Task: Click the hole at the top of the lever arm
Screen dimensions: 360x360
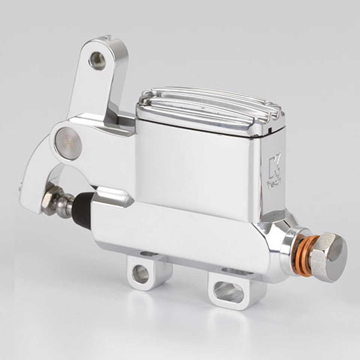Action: point(97,60)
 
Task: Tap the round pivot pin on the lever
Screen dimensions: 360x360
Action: point(68,143)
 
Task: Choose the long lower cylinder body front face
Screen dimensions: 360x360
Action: point(180,232)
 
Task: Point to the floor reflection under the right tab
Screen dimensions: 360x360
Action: point(229,326)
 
